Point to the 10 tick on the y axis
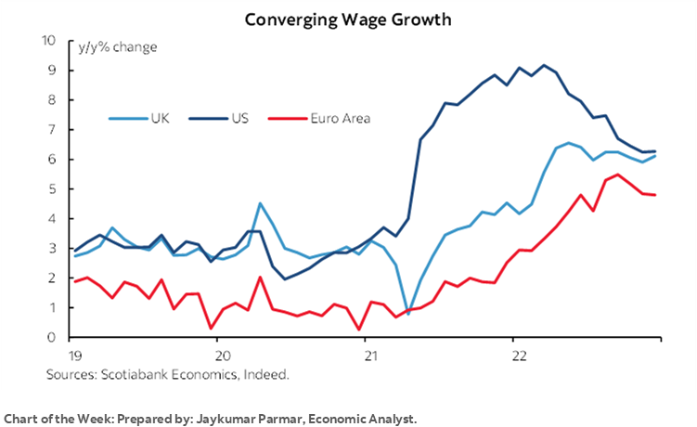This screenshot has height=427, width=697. click(x=48, y=41)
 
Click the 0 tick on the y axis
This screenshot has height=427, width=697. click(x=52, y=338)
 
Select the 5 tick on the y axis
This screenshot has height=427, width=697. click(x=52, y=189)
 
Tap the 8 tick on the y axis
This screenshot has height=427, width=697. click(x=52, y=100)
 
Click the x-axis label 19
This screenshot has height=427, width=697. click(x=72, y=356)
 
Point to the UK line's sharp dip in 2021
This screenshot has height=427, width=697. click(x=407, y=314)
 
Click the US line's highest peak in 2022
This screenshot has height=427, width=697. click(x=543, y=66)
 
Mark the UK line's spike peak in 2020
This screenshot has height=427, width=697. click(x=260, y=203)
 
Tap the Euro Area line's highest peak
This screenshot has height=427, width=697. click(x=617, y=175)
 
